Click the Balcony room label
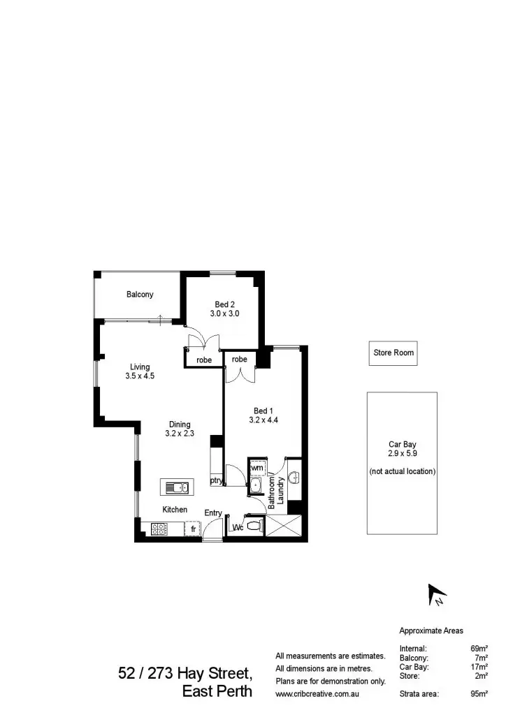(x=140, y=295)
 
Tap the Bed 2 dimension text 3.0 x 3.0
(x=224, y=314)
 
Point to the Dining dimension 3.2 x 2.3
(x=179, y=434)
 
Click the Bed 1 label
(x=263, y=410)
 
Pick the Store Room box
(x=393, y=353)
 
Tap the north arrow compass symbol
(x=437, y=595)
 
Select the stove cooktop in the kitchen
(x=158, y=529)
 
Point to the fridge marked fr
(x=194, y=530)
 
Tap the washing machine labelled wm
(x=257, y=467)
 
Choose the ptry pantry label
(x=217, y=480)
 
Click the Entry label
(x=213, y=513)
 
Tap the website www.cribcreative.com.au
(x=317, y=694)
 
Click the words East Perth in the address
(x=217, y=693)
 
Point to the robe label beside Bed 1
(x=240, y=360)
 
